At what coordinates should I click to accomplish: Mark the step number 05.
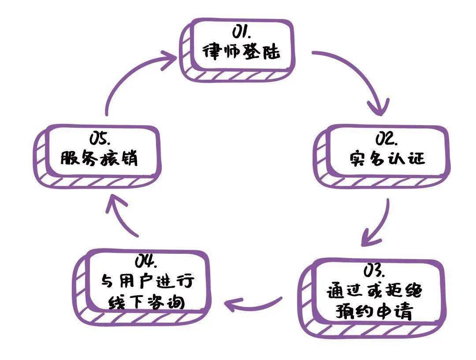100,138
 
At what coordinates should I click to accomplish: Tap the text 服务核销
99,158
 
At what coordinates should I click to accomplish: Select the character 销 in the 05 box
128,158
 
